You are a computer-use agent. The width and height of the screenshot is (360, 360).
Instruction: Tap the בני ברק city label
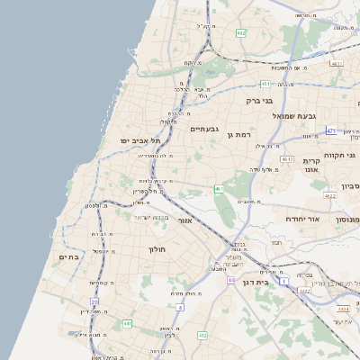(260, 101)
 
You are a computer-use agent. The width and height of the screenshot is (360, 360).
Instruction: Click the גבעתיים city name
(205, 129)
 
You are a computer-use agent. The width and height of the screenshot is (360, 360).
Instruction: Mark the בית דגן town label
(256, 281)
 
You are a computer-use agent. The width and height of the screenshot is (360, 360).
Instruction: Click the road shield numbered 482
(240, 33)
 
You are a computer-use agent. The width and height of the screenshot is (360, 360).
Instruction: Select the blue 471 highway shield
(331, 130)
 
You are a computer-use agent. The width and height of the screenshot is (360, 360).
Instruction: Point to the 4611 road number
(336, 64)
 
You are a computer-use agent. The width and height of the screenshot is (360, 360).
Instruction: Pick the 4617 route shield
(287, 159)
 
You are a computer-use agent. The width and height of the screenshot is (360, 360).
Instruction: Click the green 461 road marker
(219, 189)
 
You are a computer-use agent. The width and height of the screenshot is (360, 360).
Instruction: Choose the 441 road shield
(128, 323)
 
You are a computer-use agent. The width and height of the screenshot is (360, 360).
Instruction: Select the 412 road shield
(202, 336)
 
